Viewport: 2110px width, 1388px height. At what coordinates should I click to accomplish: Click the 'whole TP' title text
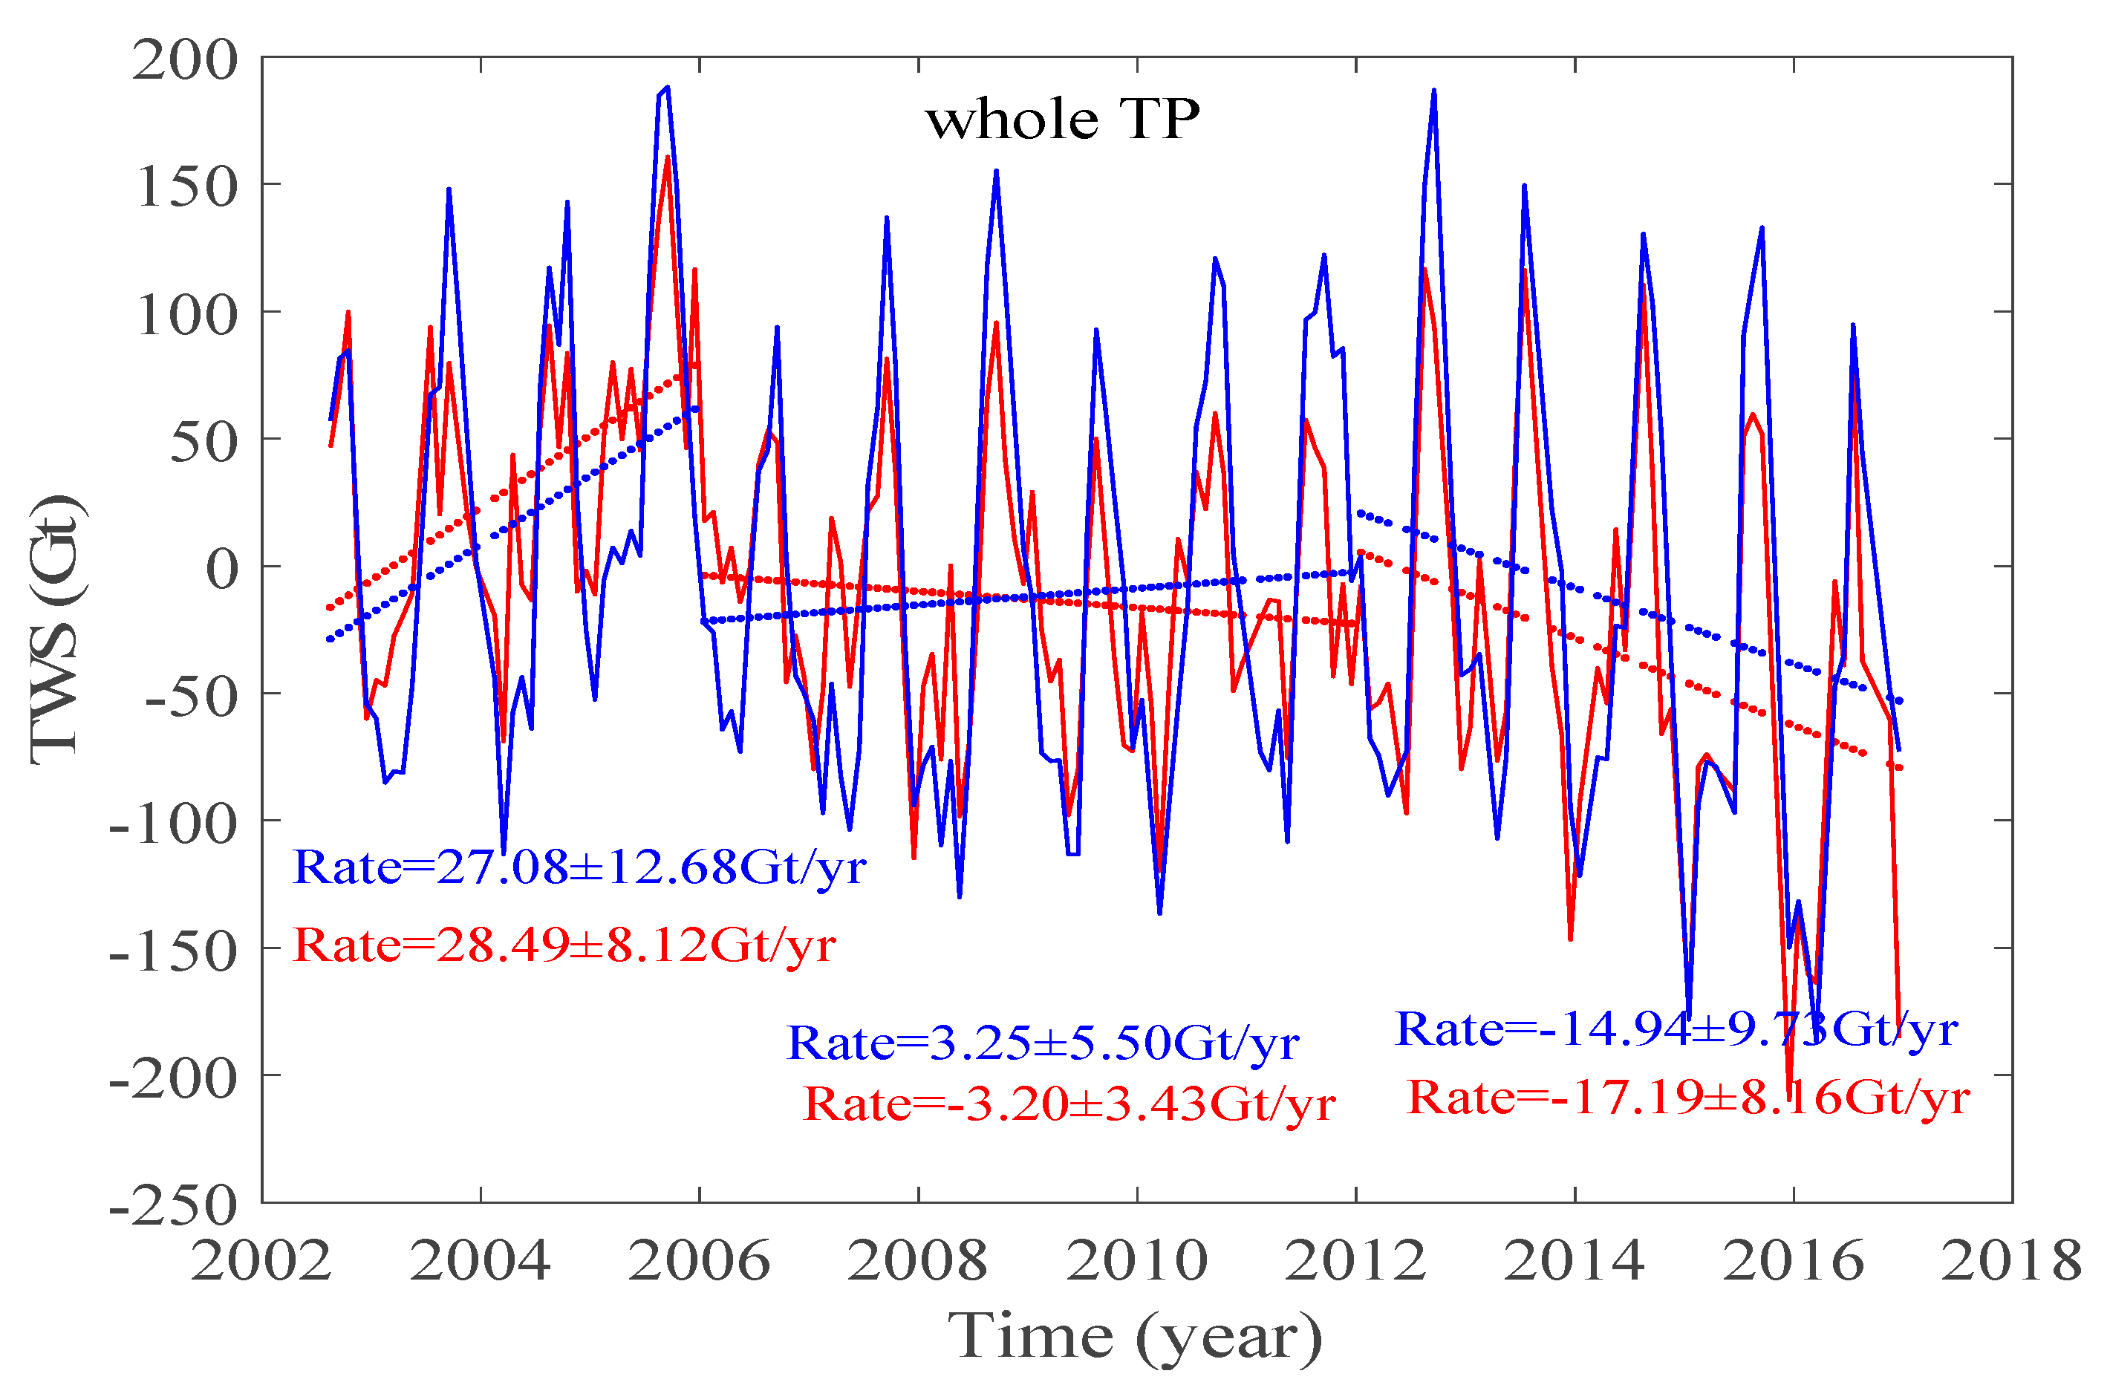point(1062,120)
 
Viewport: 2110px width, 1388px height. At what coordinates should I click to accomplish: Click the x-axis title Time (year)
point(1135,1337)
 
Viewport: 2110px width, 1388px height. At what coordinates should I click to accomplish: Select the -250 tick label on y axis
point(173,1205)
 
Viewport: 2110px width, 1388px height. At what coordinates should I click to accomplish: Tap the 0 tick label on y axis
point(221,569)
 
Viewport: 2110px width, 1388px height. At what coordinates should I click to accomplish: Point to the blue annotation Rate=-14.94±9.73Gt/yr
point(1676,1031)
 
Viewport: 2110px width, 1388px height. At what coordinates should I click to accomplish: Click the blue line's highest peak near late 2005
point(668,88)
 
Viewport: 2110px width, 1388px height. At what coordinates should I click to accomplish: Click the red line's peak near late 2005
point(668,157)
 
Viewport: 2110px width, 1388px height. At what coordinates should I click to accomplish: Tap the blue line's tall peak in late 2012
point(1433,91)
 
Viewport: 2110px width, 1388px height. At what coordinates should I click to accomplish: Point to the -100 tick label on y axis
point(173,824)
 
